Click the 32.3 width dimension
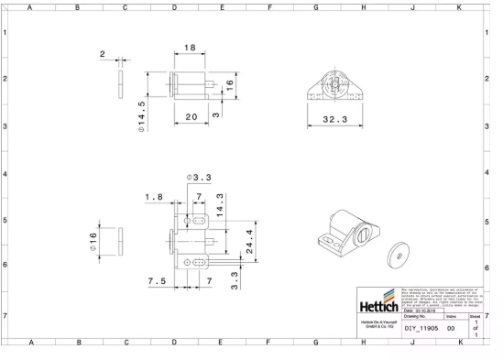(x=334, y=121)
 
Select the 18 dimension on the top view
(x=190, y=48)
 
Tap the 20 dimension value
(x=191, y=116)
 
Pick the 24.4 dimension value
(x=250, y=241)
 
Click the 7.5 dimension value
(x=156, y=281)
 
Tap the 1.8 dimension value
(x=154, y=197)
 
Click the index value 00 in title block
(x=450, y=328)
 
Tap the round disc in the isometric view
(x=399, y=254)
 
